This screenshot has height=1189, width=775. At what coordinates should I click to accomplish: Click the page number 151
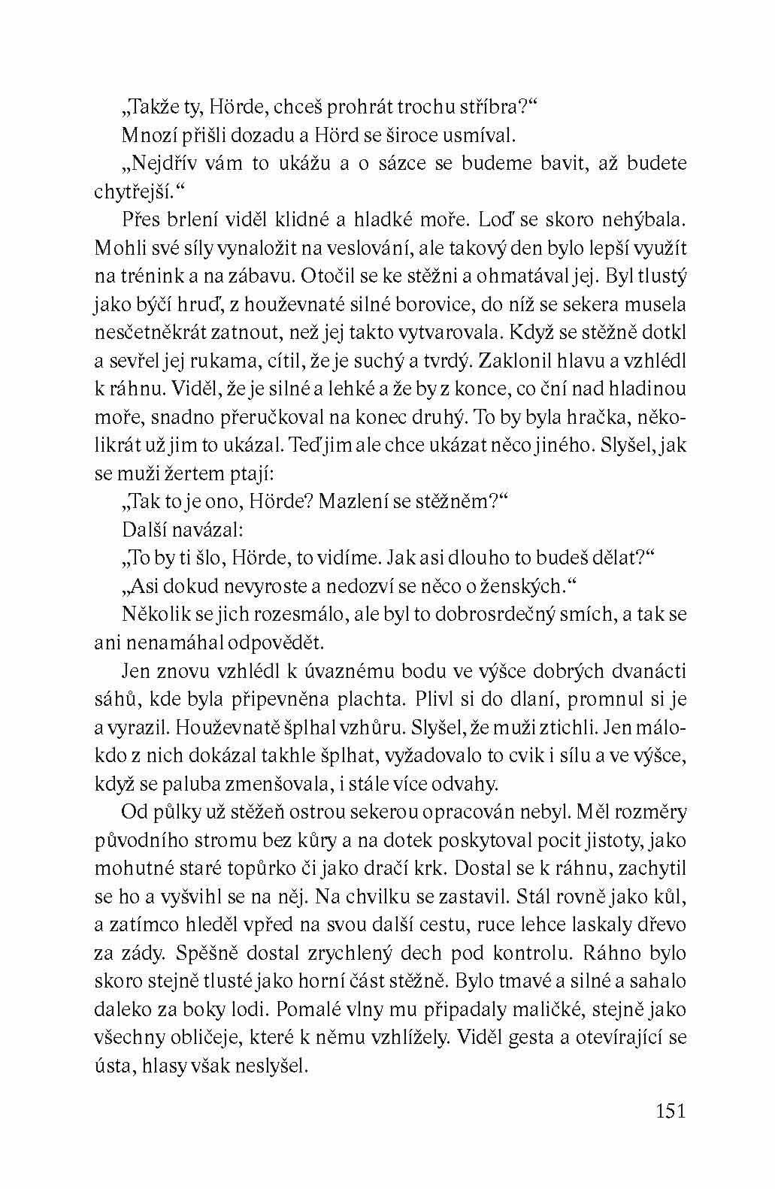(670, 1111)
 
